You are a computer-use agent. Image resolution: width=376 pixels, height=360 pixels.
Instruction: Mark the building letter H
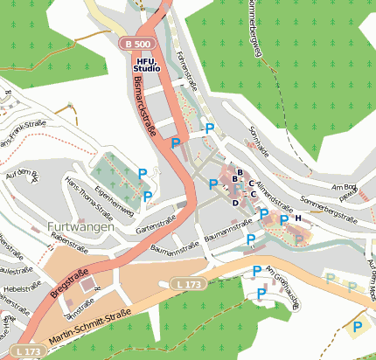click(x=297, y=218)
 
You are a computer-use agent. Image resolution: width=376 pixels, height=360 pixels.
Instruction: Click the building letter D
click(x=234, y=202)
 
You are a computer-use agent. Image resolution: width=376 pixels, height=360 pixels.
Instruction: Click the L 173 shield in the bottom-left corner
click(x=28, y=351)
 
